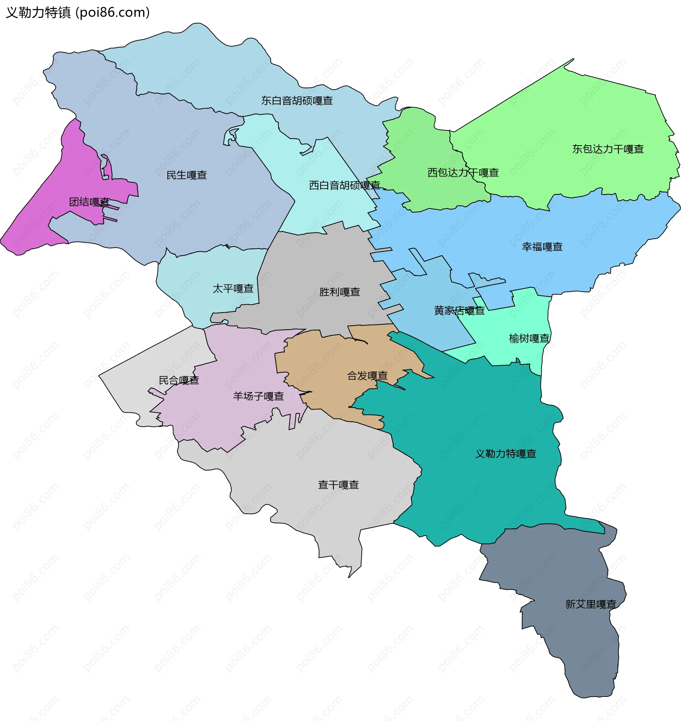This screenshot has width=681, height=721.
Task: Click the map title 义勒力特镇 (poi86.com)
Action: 78,12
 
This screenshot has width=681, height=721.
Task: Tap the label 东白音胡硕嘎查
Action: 297,101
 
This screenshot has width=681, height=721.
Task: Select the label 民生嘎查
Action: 187,175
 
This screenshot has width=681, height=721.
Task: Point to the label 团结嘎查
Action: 89,202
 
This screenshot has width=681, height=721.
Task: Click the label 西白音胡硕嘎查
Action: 344,185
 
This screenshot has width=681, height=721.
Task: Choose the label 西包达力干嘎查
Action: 463,173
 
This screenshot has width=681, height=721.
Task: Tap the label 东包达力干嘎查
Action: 608,149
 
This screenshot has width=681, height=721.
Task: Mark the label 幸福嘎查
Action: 542,247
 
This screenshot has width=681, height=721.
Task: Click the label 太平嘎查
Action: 233,289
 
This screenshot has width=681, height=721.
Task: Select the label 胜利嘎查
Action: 339,292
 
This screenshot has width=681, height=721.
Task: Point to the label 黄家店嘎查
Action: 459,310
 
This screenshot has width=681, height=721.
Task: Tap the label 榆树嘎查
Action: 528,338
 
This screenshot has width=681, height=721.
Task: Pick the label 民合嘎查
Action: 179,380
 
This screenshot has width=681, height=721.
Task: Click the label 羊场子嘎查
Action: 258,396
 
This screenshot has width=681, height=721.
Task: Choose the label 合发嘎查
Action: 367,376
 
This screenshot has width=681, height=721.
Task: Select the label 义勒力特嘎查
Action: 506,454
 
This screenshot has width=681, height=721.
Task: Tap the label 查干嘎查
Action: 338,485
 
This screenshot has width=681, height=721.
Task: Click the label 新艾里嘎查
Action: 591,604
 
